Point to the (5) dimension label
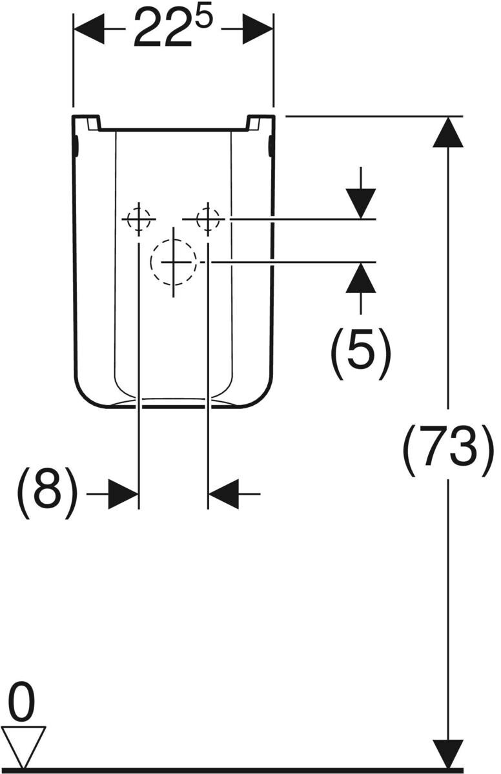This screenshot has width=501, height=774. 361,353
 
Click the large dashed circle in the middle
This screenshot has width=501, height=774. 173,263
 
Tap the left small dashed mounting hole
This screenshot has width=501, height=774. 139,219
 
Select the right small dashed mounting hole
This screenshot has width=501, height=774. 208,219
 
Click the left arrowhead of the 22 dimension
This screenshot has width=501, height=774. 89,29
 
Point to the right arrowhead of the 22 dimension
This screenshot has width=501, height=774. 258,29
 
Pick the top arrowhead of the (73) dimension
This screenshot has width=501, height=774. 448,133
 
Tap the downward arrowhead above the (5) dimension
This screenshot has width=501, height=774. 361,204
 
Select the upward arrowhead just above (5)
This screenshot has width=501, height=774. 361,278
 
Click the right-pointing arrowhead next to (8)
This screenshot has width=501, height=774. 123,494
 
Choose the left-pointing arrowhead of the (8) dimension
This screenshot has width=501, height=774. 223,494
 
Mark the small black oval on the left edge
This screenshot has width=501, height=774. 76,145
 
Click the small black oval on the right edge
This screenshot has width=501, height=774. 271,145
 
